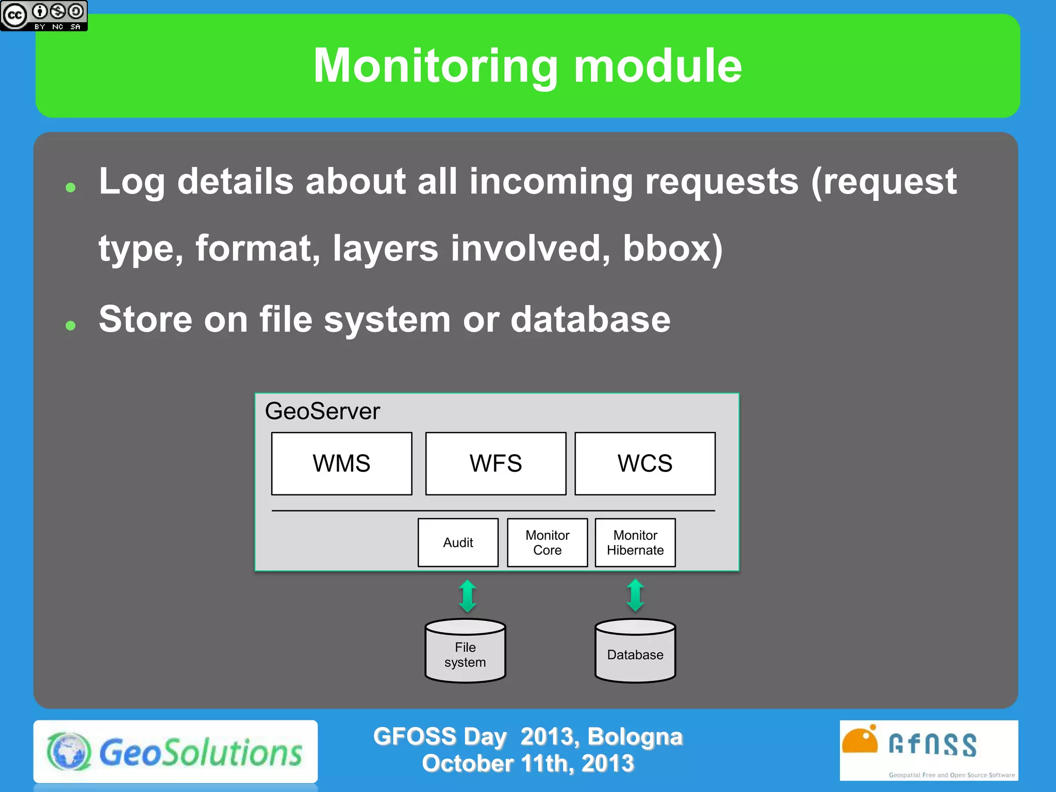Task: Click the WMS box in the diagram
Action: [x=341, y=464]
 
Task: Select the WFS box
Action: [x=496, y=464]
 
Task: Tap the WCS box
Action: [x=645, y=464]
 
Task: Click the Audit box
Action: [x=458, y=542]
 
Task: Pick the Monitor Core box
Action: [x=547, y=542]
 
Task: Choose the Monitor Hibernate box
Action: [x=635, y=542]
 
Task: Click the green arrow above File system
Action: [x=468, y=596]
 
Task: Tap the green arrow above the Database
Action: [x=635, y=595]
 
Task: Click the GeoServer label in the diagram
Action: [x=322, y=411]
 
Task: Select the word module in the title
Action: [x=657, y=66]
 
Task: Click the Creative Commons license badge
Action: [x=44, y=15]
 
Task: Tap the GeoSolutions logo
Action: [x=175, y=752]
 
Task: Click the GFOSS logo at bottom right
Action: [x=928, y=750]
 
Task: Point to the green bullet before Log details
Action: [x=71, y=187]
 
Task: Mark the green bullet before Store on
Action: [x=71, y=325]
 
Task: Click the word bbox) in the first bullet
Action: [x=672, y=249]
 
